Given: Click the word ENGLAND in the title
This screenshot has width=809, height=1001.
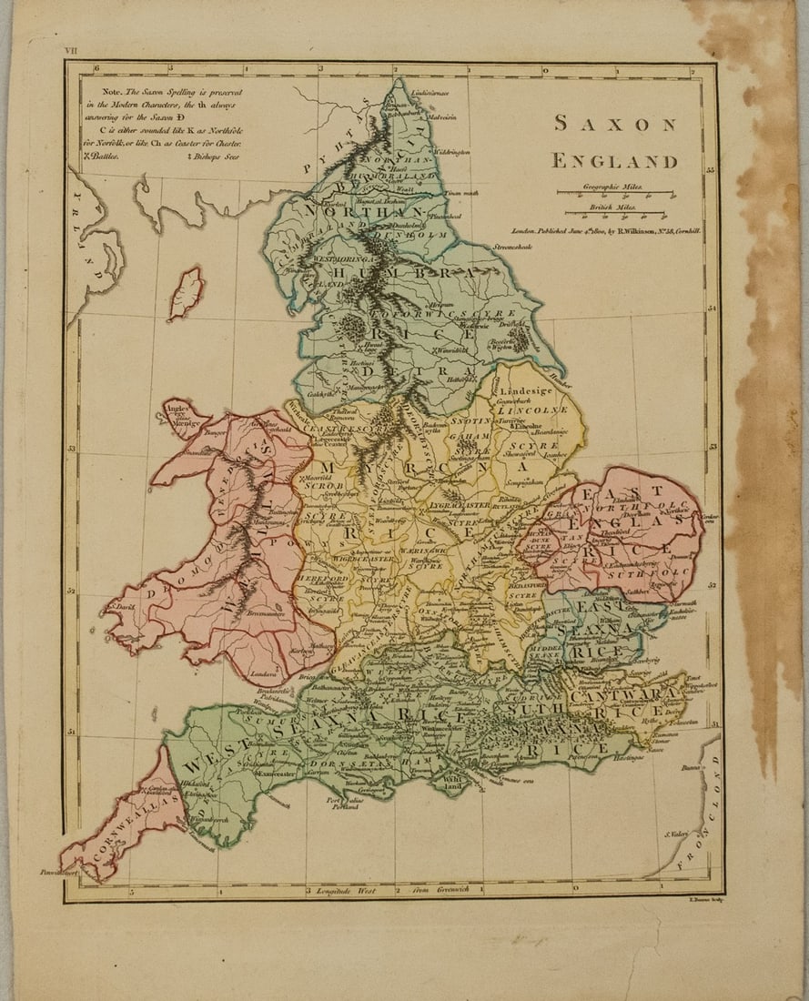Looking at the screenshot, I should [x=615, y=162].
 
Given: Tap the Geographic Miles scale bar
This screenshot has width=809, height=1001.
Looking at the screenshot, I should [x=614, y=192].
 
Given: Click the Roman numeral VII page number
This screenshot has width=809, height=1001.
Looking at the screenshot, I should [x=71, y=52].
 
